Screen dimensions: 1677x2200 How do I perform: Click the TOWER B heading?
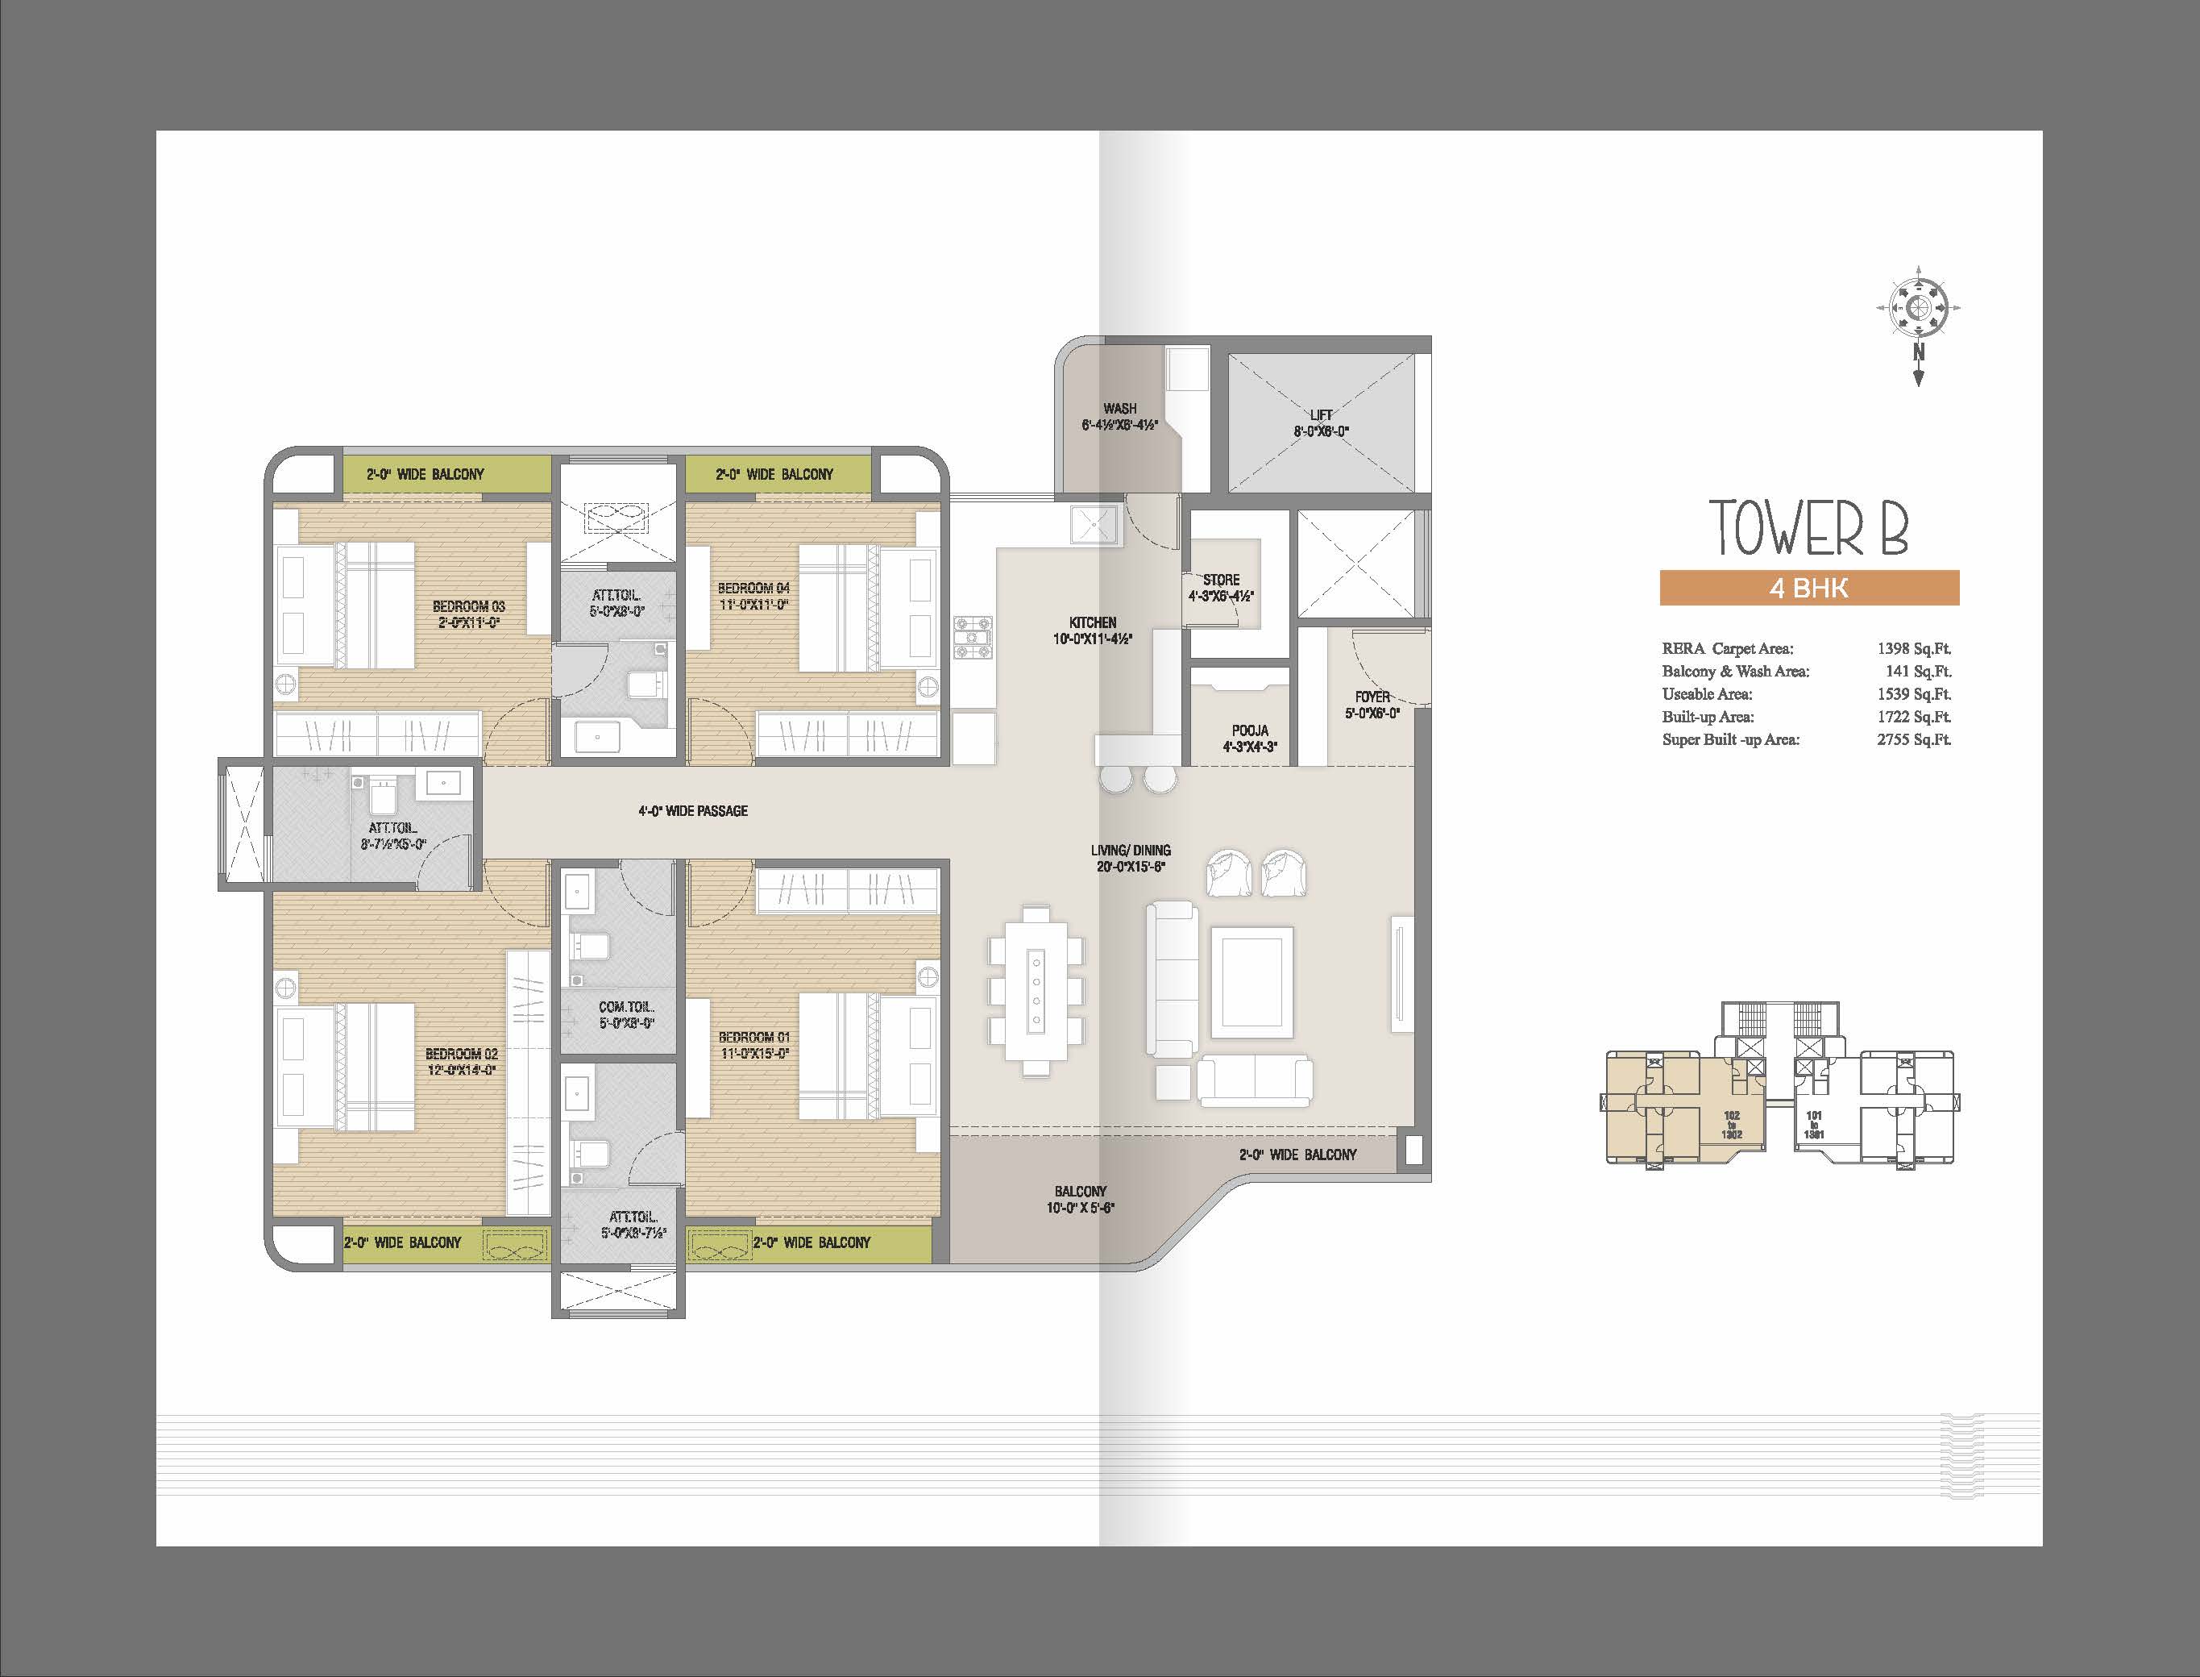[1808, 528]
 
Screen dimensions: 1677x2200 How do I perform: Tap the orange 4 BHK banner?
[1809, 588]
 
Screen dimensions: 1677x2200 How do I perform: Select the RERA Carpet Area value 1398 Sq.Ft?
[1914, 649]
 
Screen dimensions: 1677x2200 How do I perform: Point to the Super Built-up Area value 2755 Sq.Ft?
[1914, 739]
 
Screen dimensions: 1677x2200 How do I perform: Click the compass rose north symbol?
[1918, 310]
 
